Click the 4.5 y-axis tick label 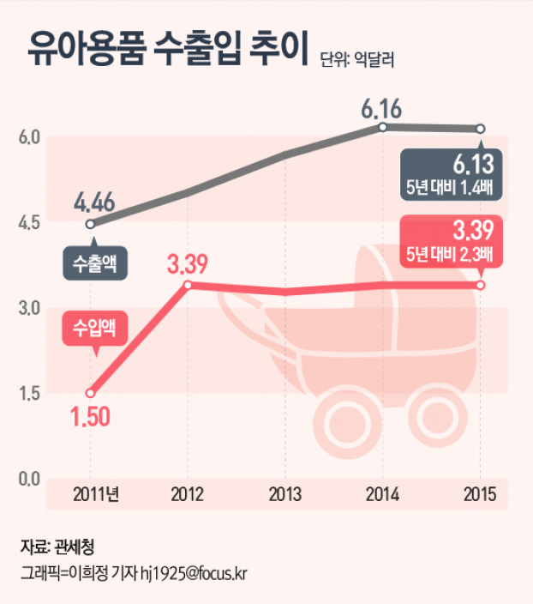[31, 222]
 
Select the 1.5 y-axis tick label [31, 393]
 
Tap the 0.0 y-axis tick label [31, 478]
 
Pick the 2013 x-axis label [284, 494]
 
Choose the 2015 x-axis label [479, 494]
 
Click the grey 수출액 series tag [94, 263]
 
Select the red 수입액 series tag [94, 327]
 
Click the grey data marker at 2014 [382, 127]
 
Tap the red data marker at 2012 [188, 285]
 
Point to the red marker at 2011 [91, 393]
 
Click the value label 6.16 [381, 109]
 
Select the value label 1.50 [91, 418]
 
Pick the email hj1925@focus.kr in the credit [193, 571]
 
